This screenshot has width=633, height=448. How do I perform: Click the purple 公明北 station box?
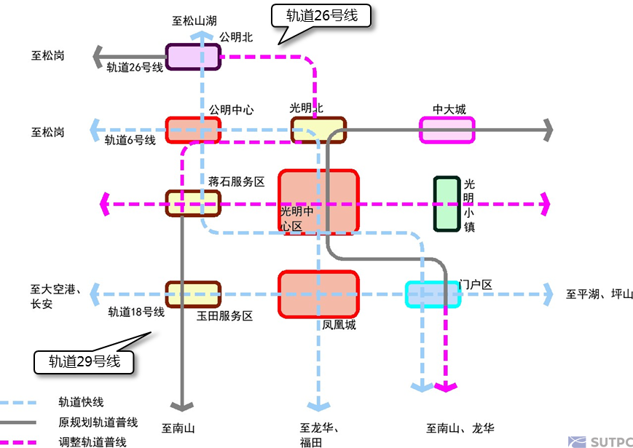coord(192,57)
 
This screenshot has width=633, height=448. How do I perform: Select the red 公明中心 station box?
coord(192,130)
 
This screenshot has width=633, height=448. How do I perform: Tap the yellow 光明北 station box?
coord(318,130)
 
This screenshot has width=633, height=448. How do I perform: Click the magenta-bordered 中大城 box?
coord(447,130)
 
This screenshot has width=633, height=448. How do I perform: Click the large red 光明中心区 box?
coord(319,202)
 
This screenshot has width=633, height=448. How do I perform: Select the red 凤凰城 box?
coord(319,294)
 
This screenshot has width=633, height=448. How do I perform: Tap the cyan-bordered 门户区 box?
coord(433,294)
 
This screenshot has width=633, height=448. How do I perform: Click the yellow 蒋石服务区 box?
coord(192,203)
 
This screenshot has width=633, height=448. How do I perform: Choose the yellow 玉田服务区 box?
coord(192,294)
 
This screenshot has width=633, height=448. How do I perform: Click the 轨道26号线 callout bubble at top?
coord(321,16)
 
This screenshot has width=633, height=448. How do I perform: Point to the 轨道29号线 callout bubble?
coord(84,361)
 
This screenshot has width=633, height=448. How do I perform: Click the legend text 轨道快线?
coord(81,402)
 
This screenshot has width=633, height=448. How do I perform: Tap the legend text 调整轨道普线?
coord(92,441)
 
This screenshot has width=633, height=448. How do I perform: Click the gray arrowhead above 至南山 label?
coord(181,406)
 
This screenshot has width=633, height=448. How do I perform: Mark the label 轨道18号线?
coord(136,313)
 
